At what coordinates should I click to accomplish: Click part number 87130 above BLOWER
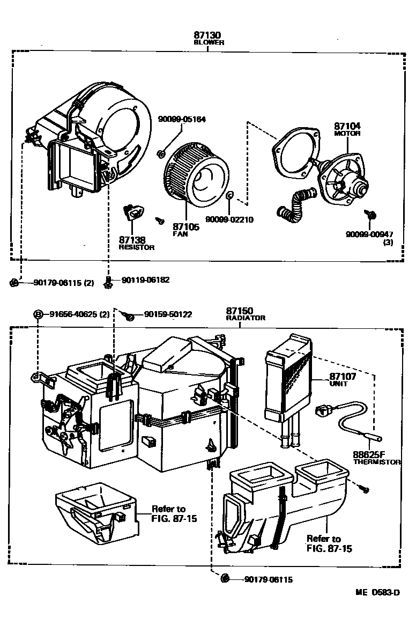pos(209,35)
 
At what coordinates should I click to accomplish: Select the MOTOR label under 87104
pos(347,133)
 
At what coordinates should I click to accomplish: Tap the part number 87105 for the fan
pos(186,227)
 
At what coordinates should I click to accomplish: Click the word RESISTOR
pos(136,247)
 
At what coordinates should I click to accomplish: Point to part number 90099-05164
pos(182,120)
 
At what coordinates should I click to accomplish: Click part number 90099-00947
pos(369,234)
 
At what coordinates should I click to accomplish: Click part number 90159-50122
pos(168,314)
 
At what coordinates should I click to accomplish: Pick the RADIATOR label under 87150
pos(246,318)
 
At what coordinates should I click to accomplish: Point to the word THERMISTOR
pos(377,461)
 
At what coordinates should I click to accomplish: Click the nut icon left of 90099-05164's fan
pos(161,154)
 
